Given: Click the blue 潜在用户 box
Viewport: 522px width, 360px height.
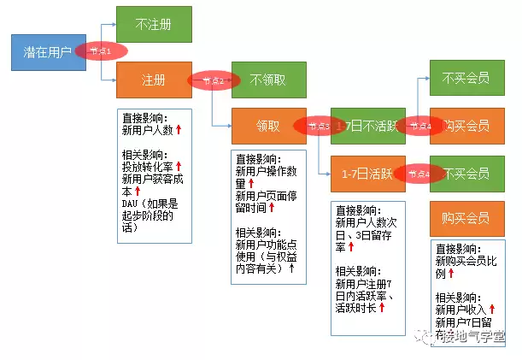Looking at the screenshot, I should tap(48, 53).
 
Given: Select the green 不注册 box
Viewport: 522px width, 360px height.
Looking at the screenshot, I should tap(154, 25).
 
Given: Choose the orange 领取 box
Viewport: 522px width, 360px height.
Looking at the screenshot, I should tap(268, 125).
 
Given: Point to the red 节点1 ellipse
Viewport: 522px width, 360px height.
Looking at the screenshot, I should tap(100, 51).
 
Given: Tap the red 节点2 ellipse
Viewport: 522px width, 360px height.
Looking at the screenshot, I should tap(213, 80).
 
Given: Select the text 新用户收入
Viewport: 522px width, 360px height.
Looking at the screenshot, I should tap(460, 309).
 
